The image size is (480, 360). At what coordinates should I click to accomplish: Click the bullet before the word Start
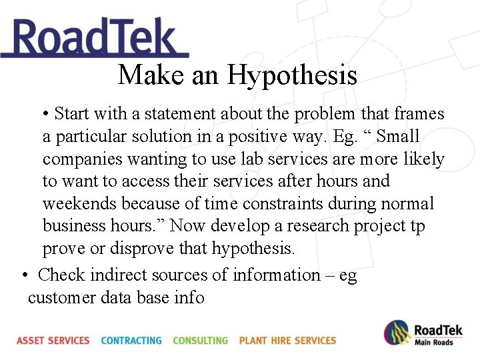point(45,114)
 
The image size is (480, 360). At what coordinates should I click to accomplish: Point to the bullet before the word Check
point(25,275)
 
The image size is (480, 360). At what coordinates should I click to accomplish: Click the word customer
point(62,297)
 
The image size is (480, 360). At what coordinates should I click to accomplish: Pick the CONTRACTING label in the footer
point(131,341)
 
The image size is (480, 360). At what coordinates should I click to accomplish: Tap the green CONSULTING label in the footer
point(200,341)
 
